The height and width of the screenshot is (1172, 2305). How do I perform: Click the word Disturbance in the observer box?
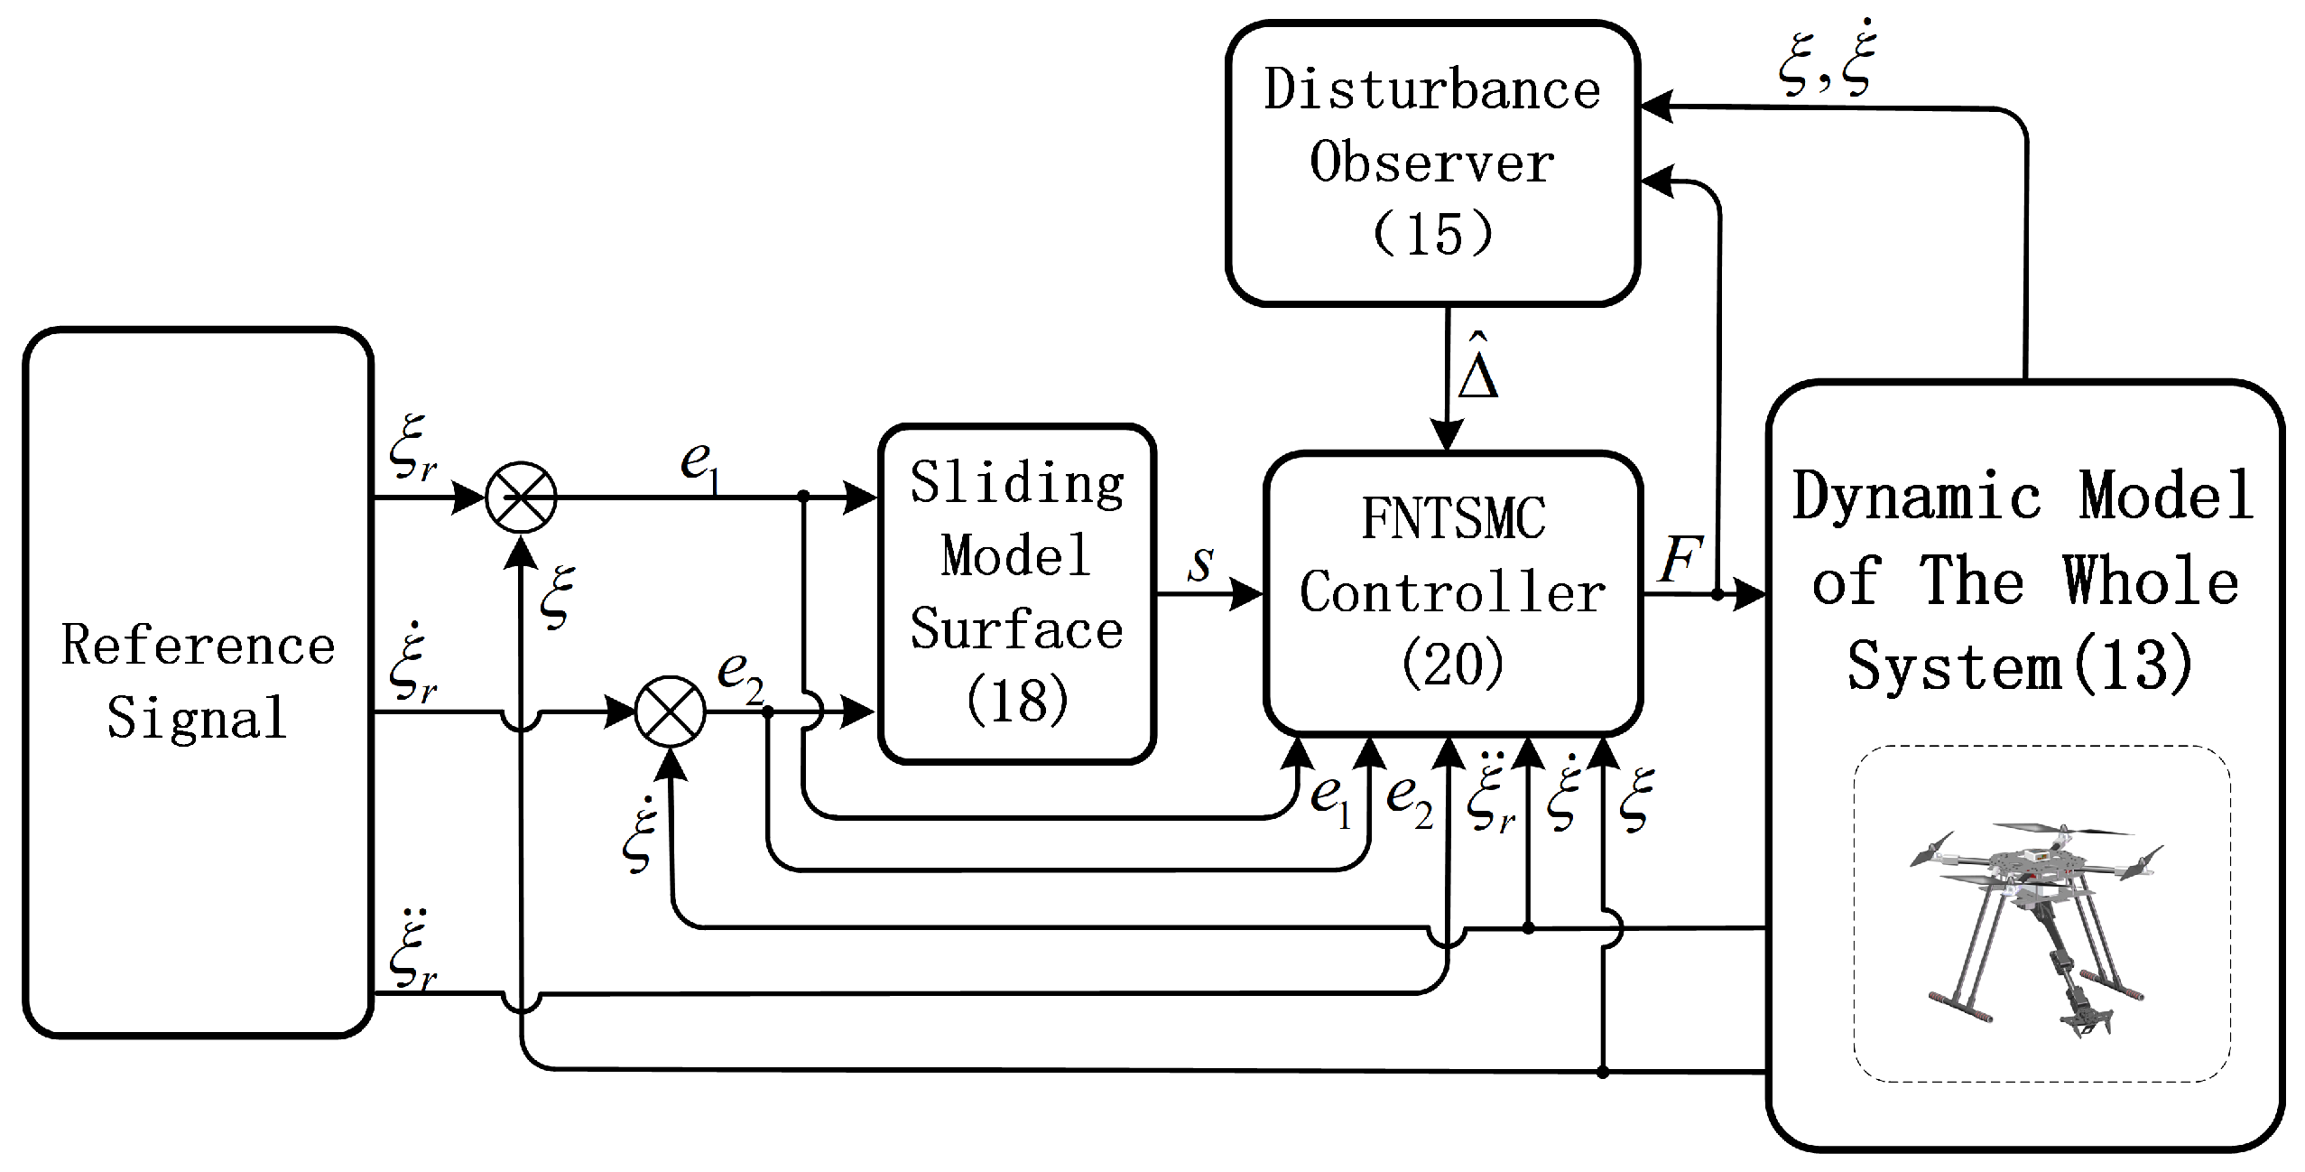point(1431,90)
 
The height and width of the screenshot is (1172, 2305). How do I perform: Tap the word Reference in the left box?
point(198,646)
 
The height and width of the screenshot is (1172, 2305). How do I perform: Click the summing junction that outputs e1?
point(521,498)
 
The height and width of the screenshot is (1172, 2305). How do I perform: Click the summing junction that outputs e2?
point(670,712)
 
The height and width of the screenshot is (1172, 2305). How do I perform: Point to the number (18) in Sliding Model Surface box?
point(1017,700)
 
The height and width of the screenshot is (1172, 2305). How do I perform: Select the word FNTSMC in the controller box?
point(1453,519)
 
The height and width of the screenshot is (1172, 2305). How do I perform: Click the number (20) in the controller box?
point(1453,664)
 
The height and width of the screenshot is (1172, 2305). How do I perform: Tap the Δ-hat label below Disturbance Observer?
point(1477,367)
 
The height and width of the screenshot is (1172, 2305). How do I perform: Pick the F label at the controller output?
point(1680,560)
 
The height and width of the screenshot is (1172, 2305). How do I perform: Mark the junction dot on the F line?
point(1717,594)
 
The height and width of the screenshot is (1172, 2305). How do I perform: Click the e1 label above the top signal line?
point(700,466)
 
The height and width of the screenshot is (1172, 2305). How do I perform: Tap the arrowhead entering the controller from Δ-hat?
point(1447,438)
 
